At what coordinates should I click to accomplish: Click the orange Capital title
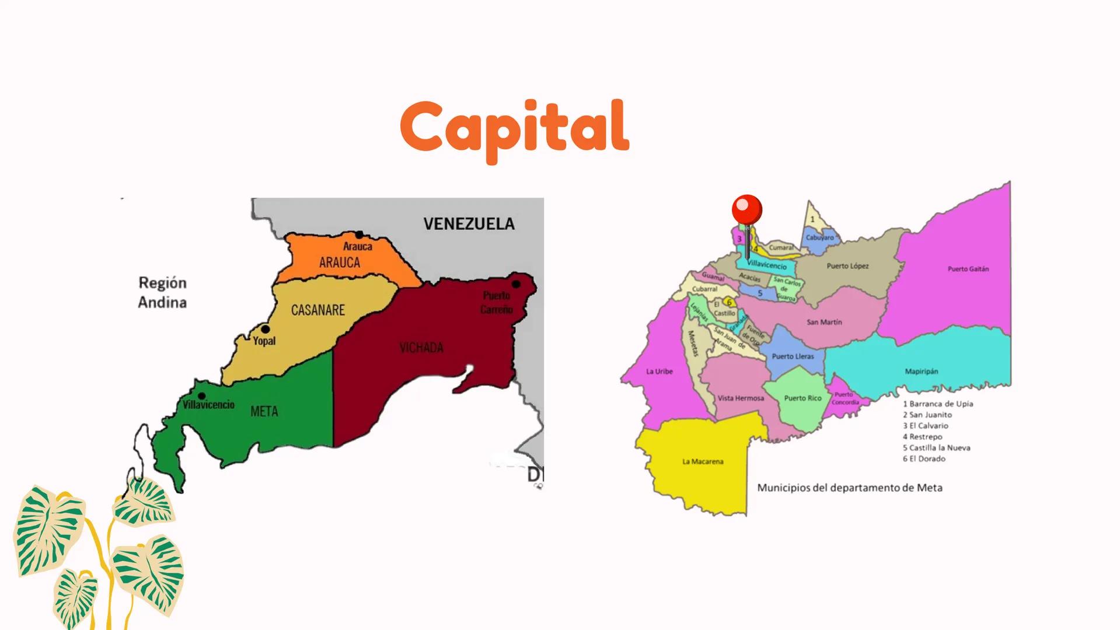(x=514, y=127)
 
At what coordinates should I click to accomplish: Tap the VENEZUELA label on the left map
(x=469, y=224)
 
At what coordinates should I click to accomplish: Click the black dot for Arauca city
(x=360, y=235)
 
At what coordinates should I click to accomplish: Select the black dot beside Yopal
(x=265, y=330)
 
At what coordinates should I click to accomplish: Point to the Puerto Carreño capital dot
(x=516, y=284)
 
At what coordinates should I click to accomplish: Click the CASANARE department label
(x=318, y=310)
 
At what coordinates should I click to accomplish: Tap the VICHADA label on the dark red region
(x=421, y=348)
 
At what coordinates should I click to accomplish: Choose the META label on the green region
(x=264, y=412)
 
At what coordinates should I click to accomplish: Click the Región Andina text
(x=162, y=292)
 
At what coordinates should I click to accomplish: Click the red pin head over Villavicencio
(x=746, y=209)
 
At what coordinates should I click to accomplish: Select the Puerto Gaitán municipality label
(x=968, y=269)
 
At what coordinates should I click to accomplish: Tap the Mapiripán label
(x=922, y=372)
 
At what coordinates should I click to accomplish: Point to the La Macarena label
(x=703, y=461)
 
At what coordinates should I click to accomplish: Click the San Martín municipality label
(x=824, y=322)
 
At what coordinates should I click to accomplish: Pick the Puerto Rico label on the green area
(x=803, y=398)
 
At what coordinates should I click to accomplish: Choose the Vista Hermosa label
(x=741, y=398)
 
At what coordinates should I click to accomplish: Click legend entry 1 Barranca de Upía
(x=938, y=404)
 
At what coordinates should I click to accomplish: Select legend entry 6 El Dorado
(x=924, y=459)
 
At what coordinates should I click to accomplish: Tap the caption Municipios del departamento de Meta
(x=850, y=488)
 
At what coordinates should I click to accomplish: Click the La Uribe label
(x=660, y=372)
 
